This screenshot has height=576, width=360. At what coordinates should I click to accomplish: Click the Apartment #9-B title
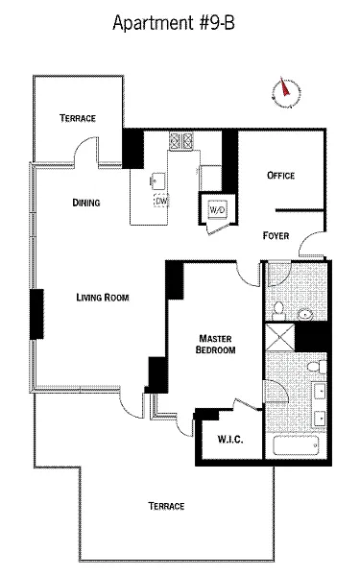(x=174, y=23)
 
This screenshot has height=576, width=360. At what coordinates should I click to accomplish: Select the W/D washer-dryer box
(x=217, y=209)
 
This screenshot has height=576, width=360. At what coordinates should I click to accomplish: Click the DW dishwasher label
(x=161, y=201)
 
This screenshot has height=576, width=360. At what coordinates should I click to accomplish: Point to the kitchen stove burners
(x=180, y=141)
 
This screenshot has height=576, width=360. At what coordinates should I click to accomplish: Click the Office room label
(x=280, y=176)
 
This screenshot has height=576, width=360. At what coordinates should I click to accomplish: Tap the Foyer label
(x=276, y=235)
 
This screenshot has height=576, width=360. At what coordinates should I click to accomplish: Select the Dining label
(x=86, y=203)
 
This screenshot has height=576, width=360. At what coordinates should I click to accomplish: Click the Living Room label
(x=103, y=298)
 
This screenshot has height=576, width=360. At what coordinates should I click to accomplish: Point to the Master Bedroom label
(x=215, y=344)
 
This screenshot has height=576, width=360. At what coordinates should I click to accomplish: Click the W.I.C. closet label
(x=230, y=440)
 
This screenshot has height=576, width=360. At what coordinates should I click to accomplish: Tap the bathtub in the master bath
(x=296, y=445)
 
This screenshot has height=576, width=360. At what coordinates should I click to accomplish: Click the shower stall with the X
(x=280, y=337)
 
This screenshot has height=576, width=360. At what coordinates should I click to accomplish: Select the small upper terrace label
(x=78, y=118)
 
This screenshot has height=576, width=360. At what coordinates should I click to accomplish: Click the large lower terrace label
(x=166, y=506)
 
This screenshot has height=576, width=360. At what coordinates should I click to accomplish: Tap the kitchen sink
(x=157, y=180)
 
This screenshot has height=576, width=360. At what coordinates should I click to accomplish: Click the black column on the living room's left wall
(x=36, y=314)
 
